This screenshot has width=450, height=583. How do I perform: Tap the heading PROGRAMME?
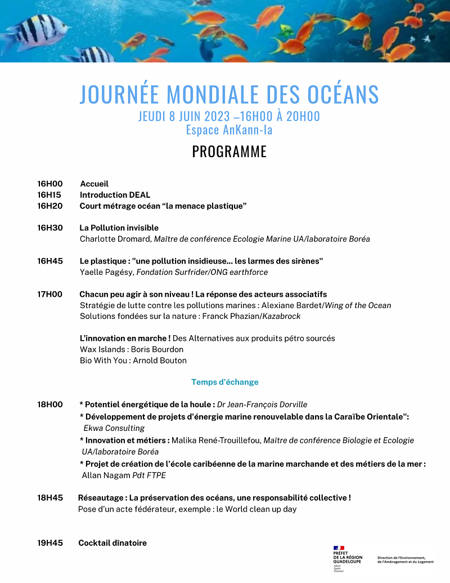tap(229, 152)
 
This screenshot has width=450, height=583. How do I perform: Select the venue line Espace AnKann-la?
tap(229, 130)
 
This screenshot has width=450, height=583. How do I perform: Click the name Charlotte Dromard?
tap(115, 239)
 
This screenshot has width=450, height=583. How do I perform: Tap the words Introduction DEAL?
tap(115, 195)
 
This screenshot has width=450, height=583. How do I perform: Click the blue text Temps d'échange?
tap(225, 382)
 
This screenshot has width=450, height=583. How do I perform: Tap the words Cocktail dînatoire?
tap(112, 543)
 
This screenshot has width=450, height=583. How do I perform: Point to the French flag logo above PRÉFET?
tap(339, 548)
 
